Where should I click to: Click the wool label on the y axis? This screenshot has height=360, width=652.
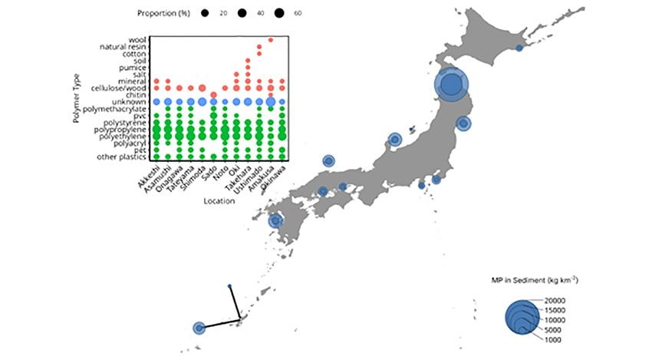point(138,39)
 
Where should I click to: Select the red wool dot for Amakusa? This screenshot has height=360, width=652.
point(271,39)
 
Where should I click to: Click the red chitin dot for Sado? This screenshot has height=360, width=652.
point(213,94)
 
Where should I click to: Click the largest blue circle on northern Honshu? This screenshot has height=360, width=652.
point(453,84)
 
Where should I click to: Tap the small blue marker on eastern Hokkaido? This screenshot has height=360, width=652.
point(519,48)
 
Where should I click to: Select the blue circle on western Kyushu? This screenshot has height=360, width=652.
point(276,221)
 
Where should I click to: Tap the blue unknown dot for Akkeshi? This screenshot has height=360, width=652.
point(156,101)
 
